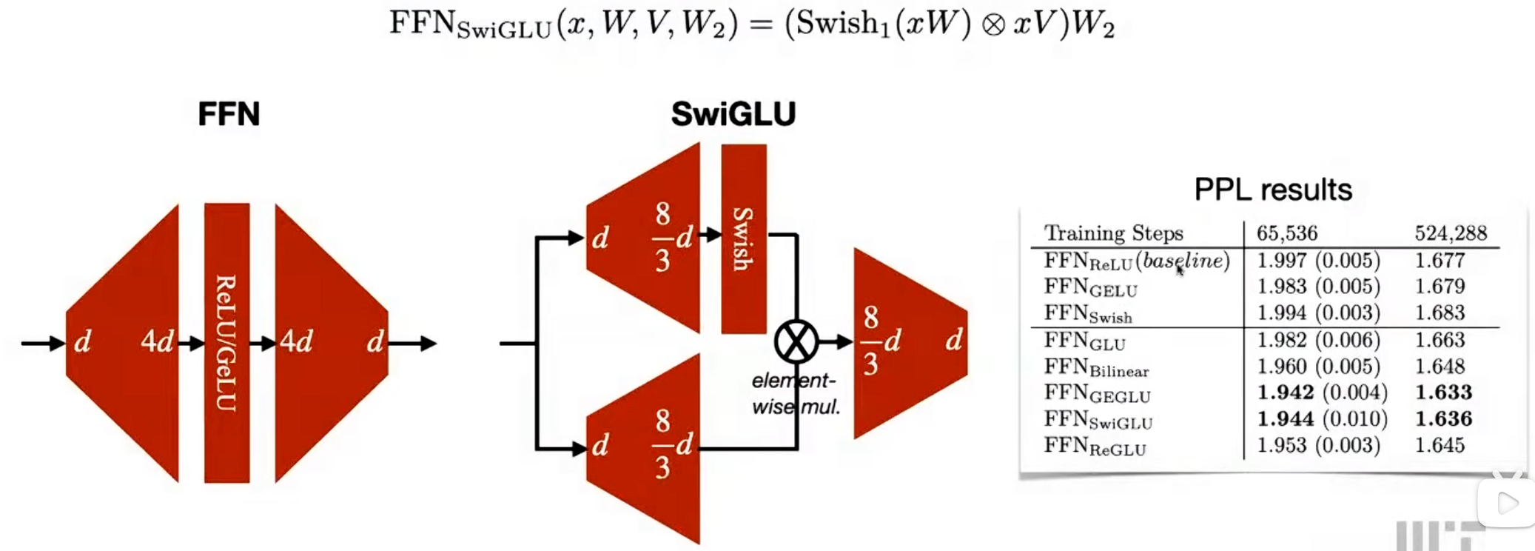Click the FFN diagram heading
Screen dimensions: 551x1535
pos(229,114)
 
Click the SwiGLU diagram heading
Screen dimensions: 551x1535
pos(733,114)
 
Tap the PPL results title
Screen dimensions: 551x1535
pos(1273,190)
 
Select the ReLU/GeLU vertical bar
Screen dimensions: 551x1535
pos(226,342)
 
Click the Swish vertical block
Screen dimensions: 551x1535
pos(743,238)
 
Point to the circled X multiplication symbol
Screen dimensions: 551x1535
pos(796,342)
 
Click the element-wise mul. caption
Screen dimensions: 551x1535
pos(795,393)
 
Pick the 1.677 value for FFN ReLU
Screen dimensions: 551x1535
pos(1440,260)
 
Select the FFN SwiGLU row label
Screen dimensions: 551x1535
pos(1098,419)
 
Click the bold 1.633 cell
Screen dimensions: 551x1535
pos(1443,392)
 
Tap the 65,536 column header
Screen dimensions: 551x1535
pos(1287,233)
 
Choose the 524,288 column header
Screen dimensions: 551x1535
pos(1451,233)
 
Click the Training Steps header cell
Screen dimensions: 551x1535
pos(1114,233)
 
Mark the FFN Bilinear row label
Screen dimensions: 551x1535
pos(1096,367)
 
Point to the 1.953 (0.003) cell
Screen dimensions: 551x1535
pos(1318,445)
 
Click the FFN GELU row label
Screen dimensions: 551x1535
pos(1090,287)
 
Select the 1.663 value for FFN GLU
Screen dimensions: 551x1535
pos(1440,339)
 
